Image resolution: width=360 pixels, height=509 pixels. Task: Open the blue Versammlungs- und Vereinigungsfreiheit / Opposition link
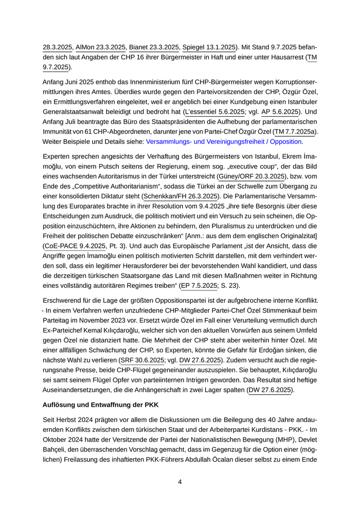pyautogui.click(x=224, y=141)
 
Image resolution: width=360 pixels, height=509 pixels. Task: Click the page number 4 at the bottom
pyautogui.click(x=180, y=482)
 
